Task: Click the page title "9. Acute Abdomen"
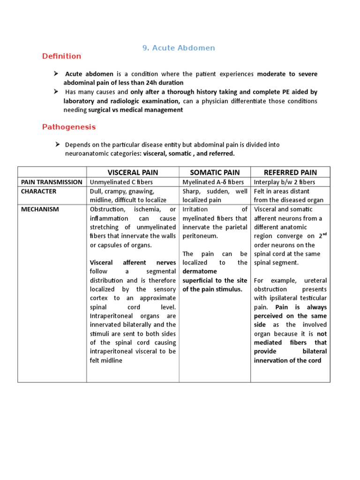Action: coord(178,48)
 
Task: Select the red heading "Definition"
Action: coord(61,56)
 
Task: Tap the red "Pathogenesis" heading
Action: coord(69,127)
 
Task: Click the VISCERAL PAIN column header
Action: coord(132,172)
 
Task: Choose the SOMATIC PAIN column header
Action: coord(215,172)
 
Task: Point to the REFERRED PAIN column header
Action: coord(290,172)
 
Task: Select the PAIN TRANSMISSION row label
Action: coord(52,182)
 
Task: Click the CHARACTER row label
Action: coord(39,191)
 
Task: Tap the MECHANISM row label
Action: coord(40,210)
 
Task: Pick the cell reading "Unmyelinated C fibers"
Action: coord(121,182)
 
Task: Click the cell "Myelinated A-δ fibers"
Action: coord(213,182)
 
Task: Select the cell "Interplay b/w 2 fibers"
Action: coord(285,182)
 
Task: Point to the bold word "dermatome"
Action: coord(200,271)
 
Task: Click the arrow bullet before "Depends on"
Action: coord(57,144)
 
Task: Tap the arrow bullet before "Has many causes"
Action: coord(57,92)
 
